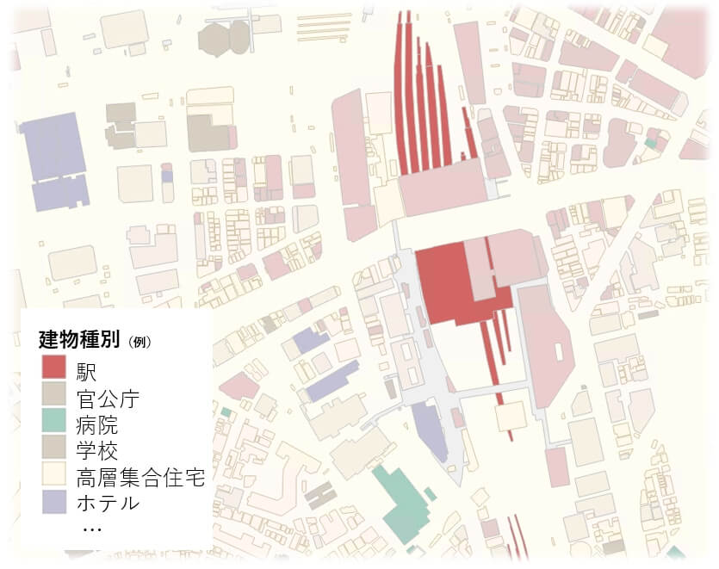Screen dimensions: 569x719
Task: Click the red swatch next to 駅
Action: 53,371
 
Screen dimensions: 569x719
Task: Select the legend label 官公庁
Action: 107,399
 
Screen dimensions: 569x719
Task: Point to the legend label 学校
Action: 96,450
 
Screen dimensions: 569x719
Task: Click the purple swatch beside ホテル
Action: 53,502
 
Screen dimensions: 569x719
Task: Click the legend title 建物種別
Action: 80,338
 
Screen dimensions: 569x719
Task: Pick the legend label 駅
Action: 85,372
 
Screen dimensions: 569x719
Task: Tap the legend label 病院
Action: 96,424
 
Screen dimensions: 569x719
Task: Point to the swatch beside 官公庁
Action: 53,398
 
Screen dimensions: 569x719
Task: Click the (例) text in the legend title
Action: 139,341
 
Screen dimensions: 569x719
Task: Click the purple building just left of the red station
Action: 429,431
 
